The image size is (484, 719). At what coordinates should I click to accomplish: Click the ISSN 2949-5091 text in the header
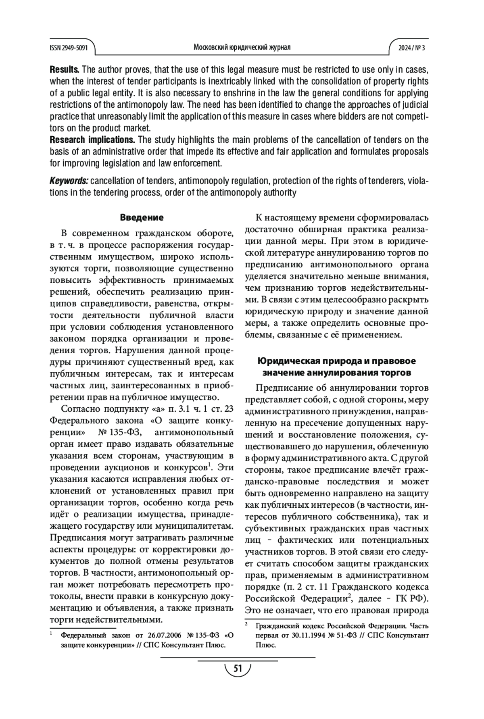[69, 48]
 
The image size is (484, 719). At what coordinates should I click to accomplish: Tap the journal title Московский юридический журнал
[242, 47]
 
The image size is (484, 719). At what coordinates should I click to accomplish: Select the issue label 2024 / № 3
[412, 48]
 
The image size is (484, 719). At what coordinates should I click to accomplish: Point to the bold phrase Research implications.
[92, 140]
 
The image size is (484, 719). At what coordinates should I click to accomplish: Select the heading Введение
[142, 218]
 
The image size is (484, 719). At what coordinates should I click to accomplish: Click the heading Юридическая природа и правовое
[336, 361]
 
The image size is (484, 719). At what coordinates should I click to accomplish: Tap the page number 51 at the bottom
[238, 669]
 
